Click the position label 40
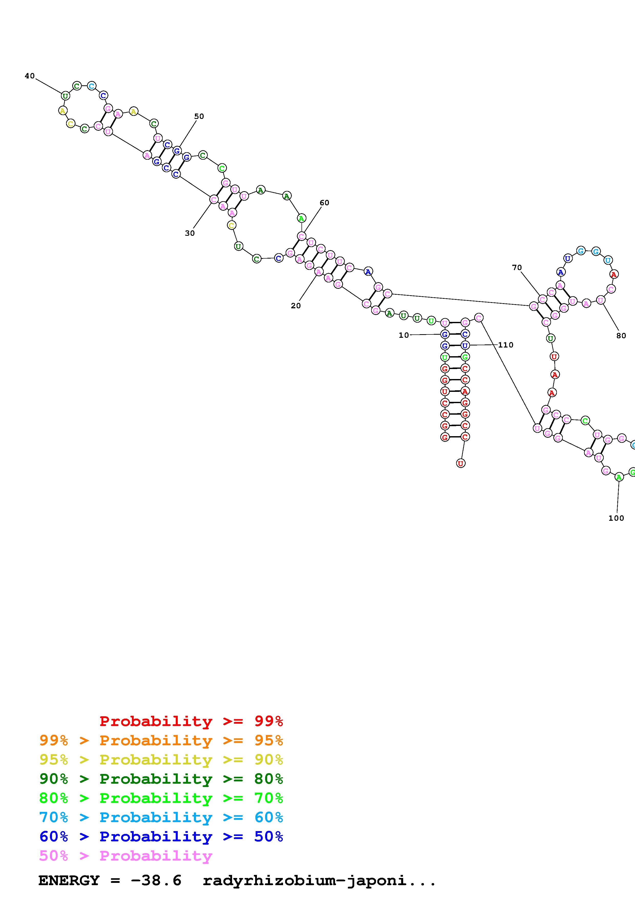coord(30,76)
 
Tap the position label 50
coord(199,116)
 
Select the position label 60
coord(324,203)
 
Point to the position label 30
coord(190,233)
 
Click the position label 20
coord(296,306)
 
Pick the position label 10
coord(404,335)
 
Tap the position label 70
coord(517,268)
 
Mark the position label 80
coord(621,335)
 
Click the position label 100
coord(616,518)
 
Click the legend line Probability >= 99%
coord(191,721)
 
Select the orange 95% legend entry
coord(161,740)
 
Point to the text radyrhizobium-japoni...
coord(319,881)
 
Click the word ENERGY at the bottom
coord(69,881)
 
